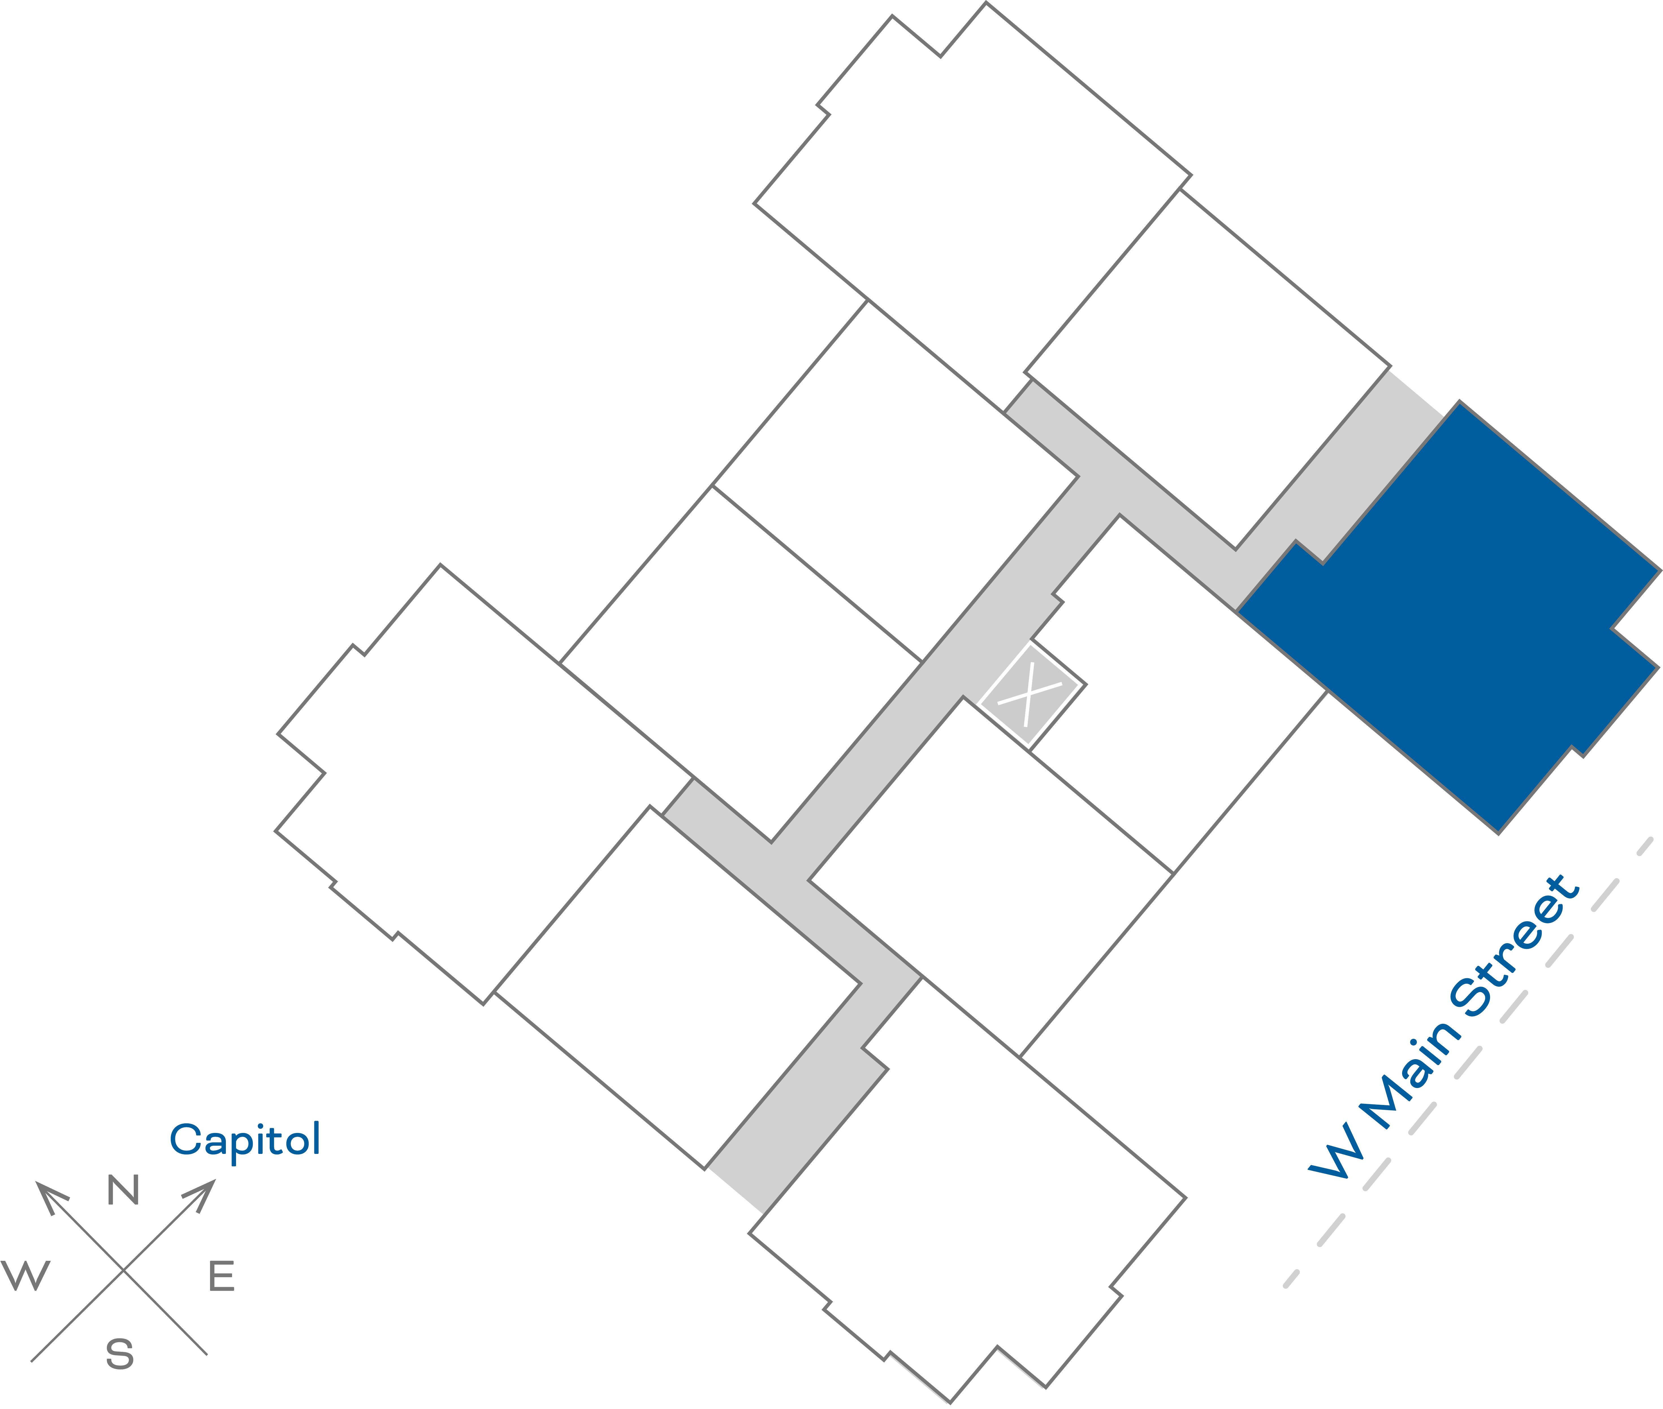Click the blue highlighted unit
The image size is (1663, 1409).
click(x=1445, y=623)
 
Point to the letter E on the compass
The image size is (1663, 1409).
click(x=221, y=1276)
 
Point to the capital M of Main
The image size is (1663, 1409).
click(x=1388, y=1101)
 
